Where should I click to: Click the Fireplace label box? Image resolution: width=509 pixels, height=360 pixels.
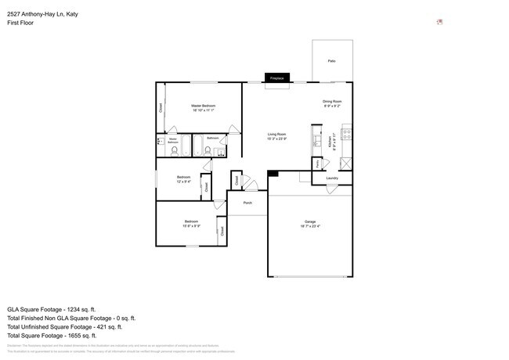(276, 78)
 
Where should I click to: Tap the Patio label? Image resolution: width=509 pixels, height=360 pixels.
(331, 60)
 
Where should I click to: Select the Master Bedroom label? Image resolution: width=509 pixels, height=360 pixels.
(203, 106)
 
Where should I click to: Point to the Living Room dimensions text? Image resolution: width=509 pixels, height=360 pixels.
(276, 139)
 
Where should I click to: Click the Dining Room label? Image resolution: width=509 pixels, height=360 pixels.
(332, 102)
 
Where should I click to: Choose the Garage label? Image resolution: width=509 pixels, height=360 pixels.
(310, 222)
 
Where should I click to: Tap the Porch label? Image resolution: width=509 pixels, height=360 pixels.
(247, 202)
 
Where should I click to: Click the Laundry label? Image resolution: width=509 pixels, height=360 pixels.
(332, 178)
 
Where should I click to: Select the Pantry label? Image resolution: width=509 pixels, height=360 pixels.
(317, 164)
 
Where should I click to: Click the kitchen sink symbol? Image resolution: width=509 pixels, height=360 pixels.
(316, 141)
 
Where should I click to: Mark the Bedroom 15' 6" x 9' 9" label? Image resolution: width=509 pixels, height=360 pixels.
(192, 222)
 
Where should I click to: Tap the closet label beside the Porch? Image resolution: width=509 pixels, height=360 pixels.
(236, 180)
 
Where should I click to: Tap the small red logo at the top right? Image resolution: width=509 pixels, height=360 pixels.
(440, 21)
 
